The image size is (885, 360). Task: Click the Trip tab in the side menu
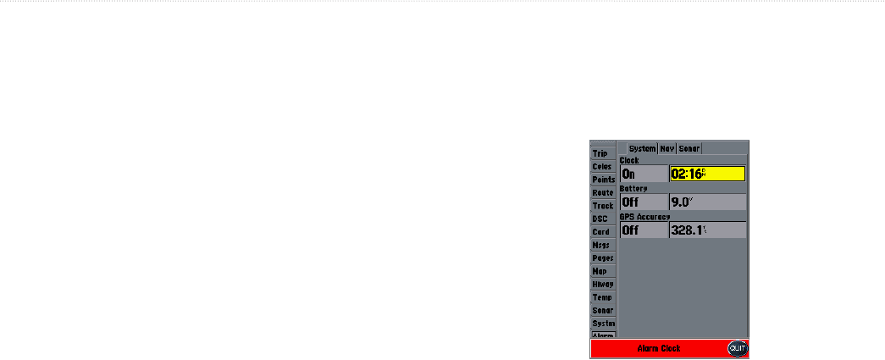[x=601, y=153]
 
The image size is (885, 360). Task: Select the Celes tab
[x=602, y=167]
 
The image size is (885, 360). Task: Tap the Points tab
[x=603, y=180]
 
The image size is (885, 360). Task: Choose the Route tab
[x=603, y=192]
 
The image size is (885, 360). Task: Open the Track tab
[x=603, y=206]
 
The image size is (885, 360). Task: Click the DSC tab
[x=600, y=219]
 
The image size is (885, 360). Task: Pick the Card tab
[x=601, y=231]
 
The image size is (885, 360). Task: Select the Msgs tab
[x=601, y=245]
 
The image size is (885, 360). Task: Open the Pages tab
[x=603, y=258]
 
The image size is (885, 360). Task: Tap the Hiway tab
[x=603, y=284]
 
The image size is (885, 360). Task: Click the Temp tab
[x=602, y=297]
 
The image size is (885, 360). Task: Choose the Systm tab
[x=603, y=324]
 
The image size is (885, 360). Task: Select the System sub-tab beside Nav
[x=642, y=148]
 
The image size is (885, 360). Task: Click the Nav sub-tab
[x=667, y=148]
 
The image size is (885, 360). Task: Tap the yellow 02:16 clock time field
[x=707, y=174]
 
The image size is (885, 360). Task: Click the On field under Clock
[x=644, y=174]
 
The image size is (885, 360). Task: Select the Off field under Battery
[x=644, y=202]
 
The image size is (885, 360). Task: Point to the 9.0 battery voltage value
[x=707, y=202]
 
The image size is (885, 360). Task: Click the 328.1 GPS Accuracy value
[x=707, y=230]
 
